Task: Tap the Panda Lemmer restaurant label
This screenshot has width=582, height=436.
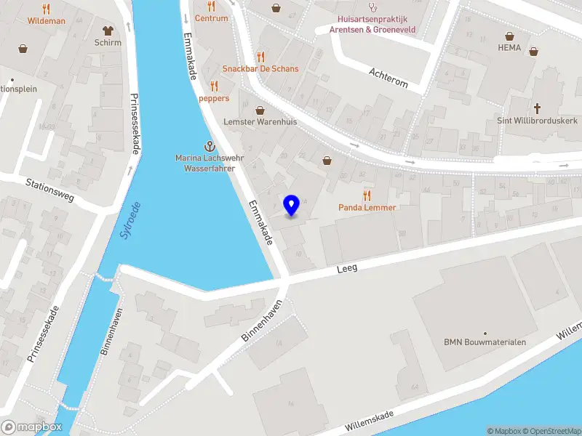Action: pos(367,207)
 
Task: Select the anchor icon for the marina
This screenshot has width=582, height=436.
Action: pos(209,147)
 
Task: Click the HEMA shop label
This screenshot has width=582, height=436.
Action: pos(509,47)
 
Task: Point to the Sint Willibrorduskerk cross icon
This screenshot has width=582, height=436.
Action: pos(538,108)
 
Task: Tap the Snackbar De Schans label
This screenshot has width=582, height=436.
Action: pos(260,68)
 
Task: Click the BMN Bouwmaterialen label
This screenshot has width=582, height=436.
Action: pos(485,342)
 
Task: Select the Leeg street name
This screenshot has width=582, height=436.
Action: pos(347,269)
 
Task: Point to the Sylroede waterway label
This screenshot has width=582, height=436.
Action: pos(129,224)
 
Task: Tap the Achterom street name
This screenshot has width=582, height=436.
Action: pos(388,78)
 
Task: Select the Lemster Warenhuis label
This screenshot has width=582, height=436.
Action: pos(260,121)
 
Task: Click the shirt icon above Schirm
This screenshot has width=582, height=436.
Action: pos(108,31)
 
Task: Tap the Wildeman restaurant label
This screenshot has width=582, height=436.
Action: pos(47,21)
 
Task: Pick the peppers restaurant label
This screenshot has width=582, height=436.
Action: pos(214,98)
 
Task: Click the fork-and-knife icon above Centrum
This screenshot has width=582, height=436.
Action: pos(211,7)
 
